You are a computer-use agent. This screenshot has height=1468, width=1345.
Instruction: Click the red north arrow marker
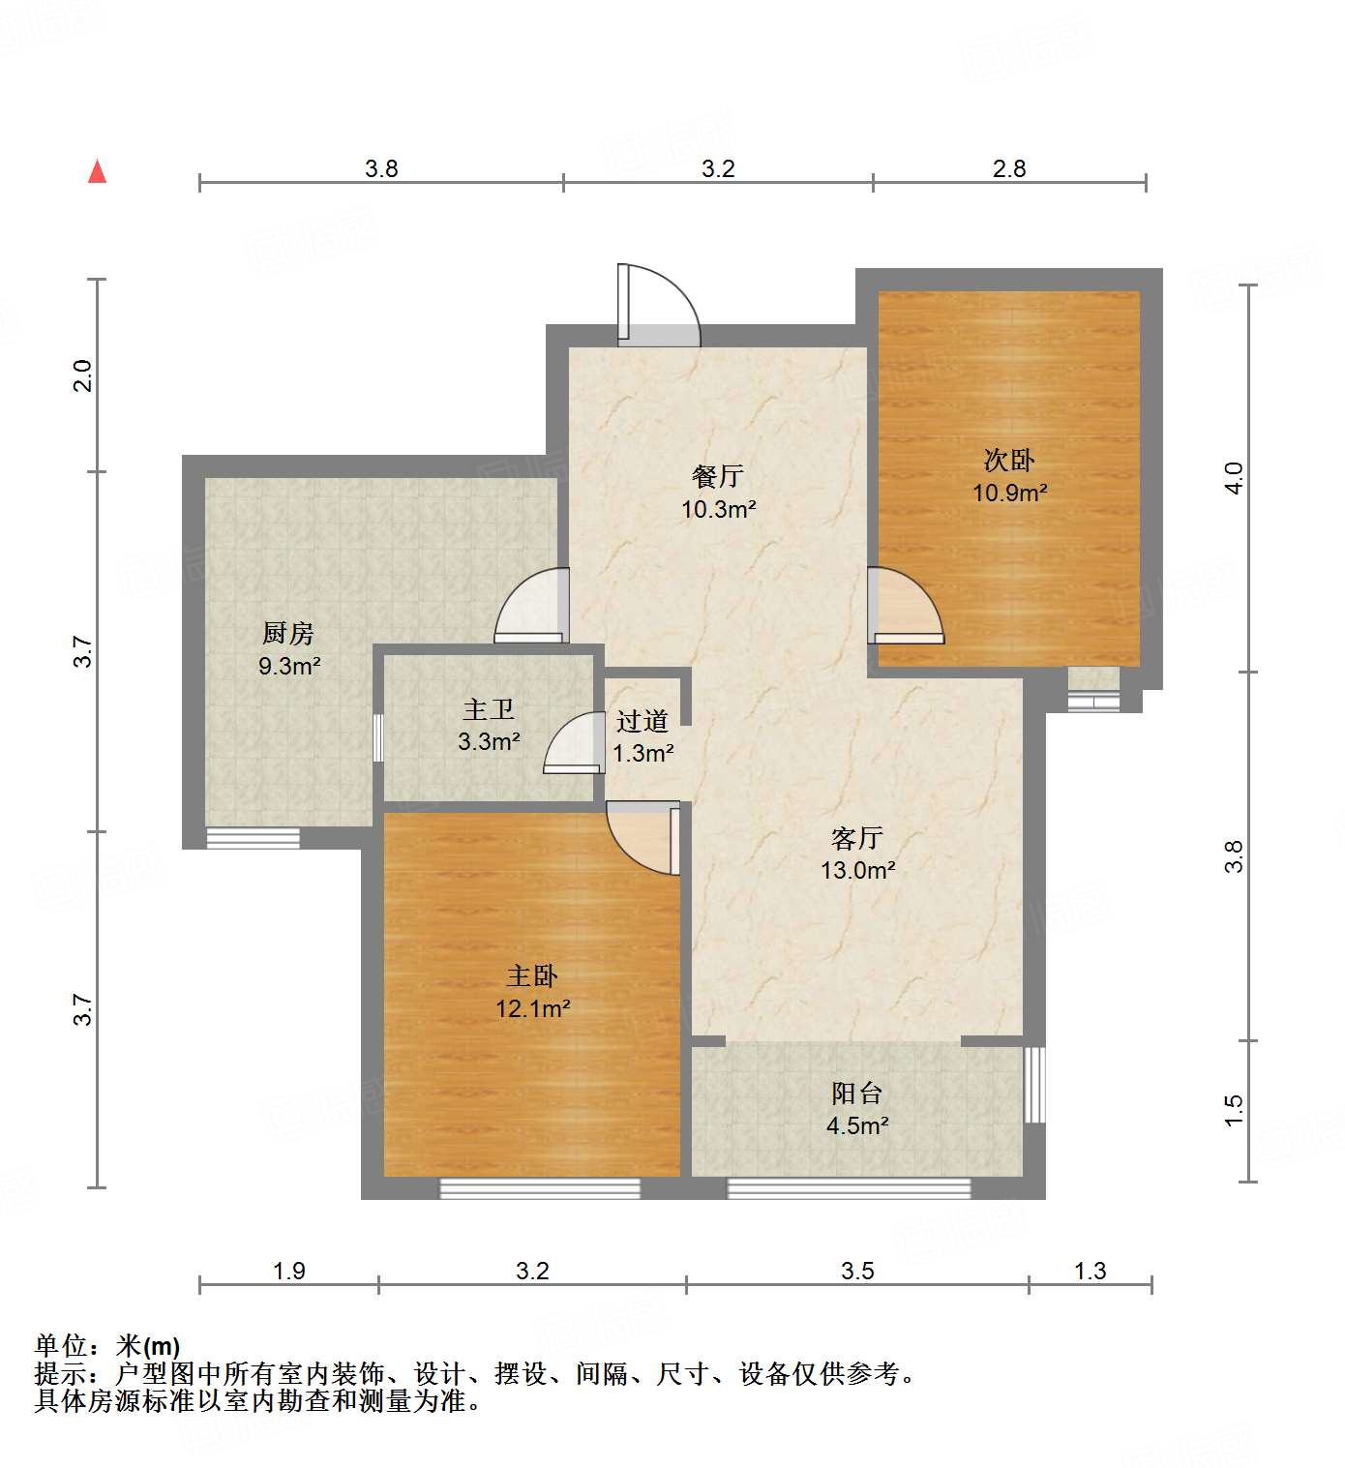[97, 172]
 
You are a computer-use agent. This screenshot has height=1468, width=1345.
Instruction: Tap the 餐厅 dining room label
[717, 476]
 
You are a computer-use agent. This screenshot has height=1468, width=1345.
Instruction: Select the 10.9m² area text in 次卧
[1009, 493]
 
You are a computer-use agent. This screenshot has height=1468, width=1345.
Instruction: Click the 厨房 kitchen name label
[288, 634]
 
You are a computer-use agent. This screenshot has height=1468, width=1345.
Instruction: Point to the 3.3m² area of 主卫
[489, 742]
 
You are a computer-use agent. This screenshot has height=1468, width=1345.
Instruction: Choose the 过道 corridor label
[643, 721]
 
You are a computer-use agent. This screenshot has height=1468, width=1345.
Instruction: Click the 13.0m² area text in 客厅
[857, 870]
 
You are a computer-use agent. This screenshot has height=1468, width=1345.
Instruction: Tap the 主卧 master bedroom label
[532, 976]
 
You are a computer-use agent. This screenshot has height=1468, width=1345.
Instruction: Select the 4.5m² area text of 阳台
[857, 1125]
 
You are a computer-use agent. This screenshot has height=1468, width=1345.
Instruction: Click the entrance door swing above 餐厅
[658, 305]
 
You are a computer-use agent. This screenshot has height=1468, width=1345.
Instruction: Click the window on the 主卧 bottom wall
[540, 1188]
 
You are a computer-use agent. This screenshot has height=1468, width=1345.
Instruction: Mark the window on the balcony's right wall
[1034, 1084]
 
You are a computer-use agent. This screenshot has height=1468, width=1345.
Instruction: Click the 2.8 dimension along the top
[1008, 169]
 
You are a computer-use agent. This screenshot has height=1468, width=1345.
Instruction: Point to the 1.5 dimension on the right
[1233, 1110]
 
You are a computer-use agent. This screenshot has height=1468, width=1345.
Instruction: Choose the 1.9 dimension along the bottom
[288, 1271]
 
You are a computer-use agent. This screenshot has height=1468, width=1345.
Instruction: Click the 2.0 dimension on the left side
[83, 375]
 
